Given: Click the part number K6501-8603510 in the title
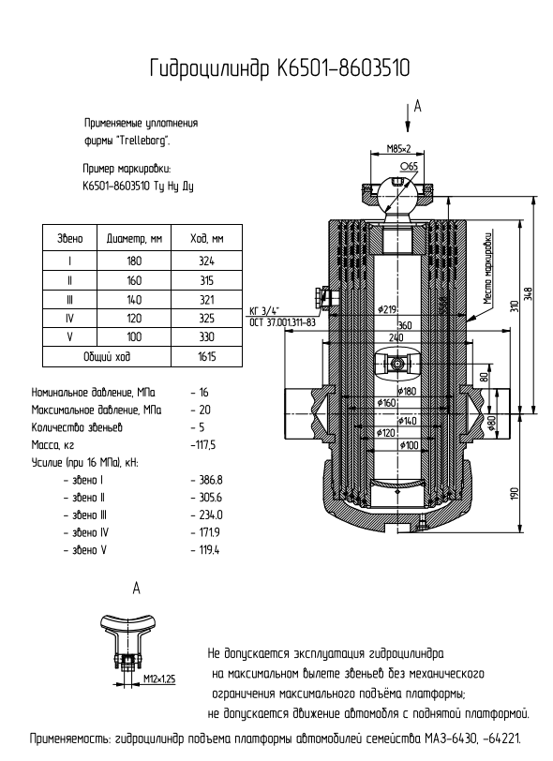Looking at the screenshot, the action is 344,68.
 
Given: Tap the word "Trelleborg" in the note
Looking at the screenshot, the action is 144,142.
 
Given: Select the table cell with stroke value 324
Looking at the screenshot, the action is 206,261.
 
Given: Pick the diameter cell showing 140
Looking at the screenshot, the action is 134,300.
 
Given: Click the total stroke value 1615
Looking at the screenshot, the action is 207,357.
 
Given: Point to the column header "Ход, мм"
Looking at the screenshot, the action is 207,239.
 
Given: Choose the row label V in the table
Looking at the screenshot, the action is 70,337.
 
